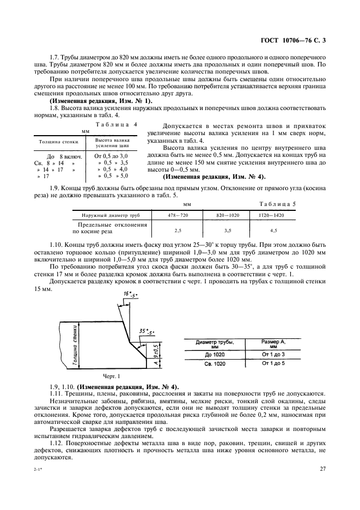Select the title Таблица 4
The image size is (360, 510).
(x=117, y=124)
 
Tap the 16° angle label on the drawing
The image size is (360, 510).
(x=131, y=295)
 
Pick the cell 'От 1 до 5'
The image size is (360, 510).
(x=273, y=363)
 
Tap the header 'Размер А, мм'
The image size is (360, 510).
(x=273, y=343)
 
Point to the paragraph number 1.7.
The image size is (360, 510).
(x=56, y=57)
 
